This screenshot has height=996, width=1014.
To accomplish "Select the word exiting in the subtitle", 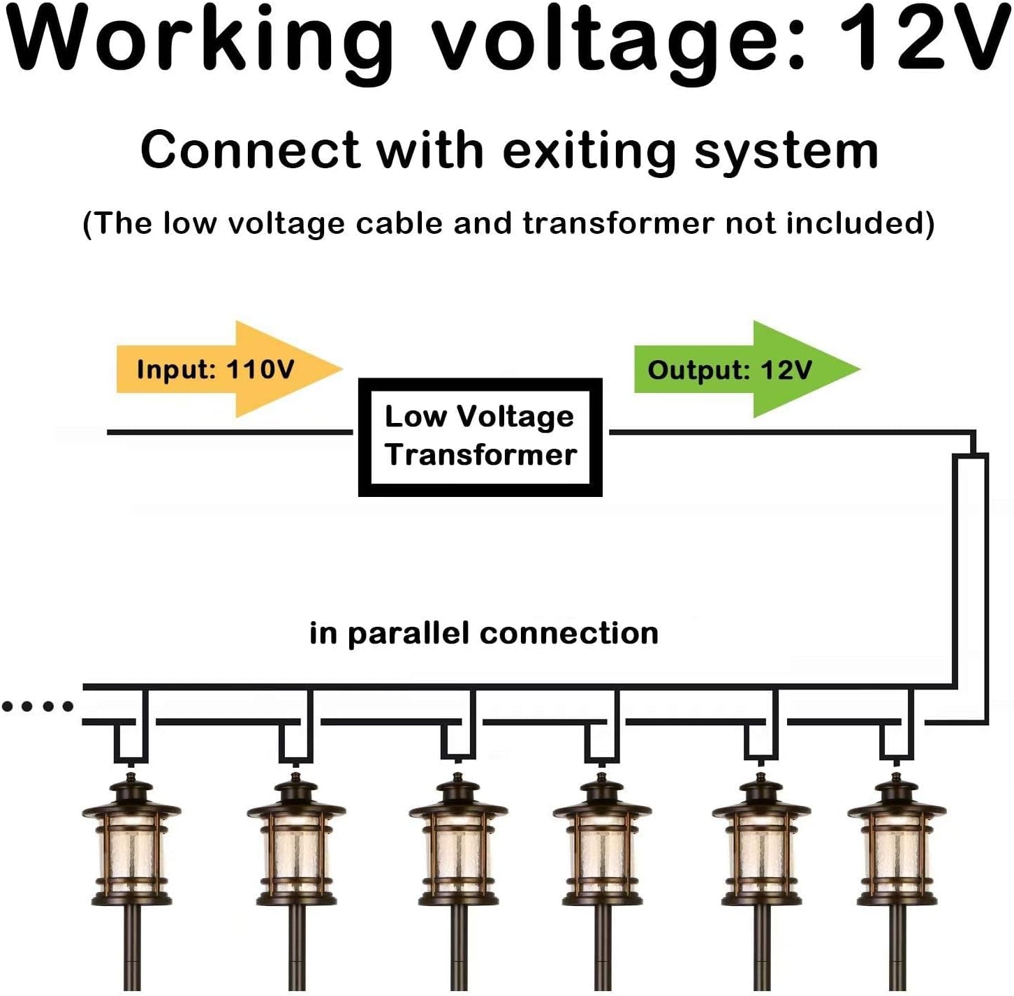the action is coord(589,151).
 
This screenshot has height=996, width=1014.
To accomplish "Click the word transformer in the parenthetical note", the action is coord(618,223).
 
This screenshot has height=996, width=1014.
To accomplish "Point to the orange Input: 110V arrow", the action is coord(230,369).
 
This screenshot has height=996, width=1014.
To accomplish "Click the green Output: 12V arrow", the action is coord(747,369).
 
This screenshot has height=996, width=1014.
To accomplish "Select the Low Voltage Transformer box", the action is coord(480,437).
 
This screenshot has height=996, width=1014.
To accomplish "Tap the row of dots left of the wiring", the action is coord(37,706).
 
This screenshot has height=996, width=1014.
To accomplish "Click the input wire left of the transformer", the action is coord(230,432).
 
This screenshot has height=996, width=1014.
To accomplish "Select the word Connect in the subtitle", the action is coord(250,151).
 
